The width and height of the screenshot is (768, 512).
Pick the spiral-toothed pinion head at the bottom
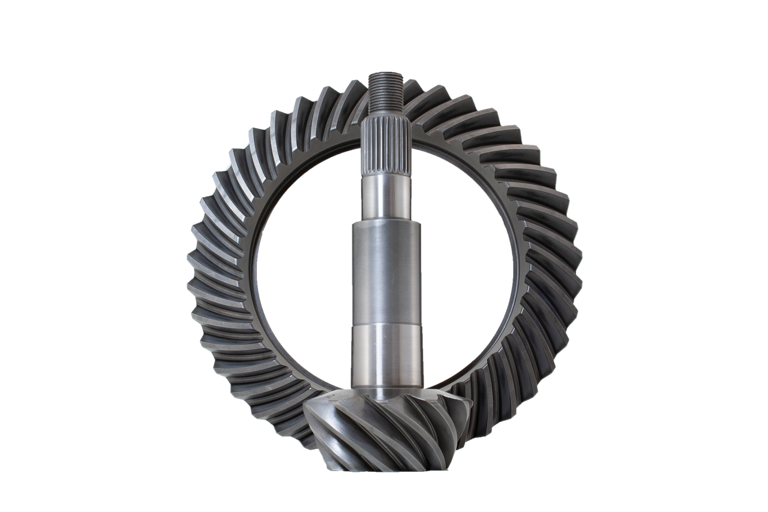(384, 430)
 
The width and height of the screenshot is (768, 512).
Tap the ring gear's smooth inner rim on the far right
(517, 270)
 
